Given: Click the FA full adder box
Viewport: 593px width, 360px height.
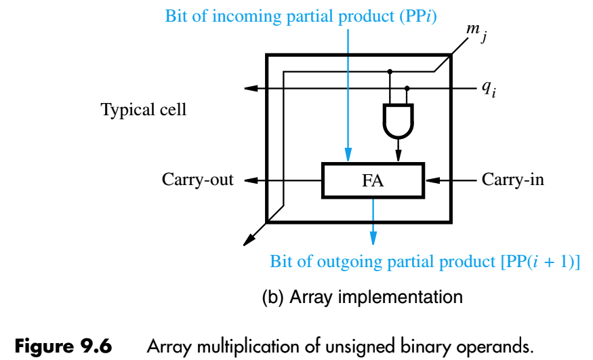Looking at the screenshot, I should pyautogui.click(x=373, y=180).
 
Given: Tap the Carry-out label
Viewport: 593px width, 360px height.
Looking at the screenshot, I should pyautogui.click(x=197, y=180).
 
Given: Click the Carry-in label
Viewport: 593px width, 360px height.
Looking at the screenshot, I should pyautogui.click(x=513, y=180).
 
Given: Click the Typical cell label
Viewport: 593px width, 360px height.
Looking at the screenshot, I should pyautogui.click(x=144, y=110).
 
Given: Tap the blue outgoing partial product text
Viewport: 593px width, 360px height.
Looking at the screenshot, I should pyautogui.click(x=425, y=262).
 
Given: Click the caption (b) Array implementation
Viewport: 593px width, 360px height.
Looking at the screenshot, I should pyautogui.click(x=362, y=296).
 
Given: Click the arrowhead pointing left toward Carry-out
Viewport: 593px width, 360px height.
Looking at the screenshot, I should pyautogui.click(x=250, y=180).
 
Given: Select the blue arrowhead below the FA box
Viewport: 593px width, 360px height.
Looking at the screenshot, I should pyautogui.click(x=373, y=237).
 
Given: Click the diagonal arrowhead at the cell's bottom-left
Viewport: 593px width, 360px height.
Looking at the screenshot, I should pyautogui.click(x=249, y=239).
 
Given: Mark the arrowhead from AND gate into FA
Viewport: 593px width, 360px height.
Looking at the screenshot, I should pyautogui.click(x=398, y=157).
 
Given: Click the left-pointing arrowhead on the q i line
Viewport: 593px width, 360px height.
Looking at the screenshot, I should pyautogui.click(x=250, y=88).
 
